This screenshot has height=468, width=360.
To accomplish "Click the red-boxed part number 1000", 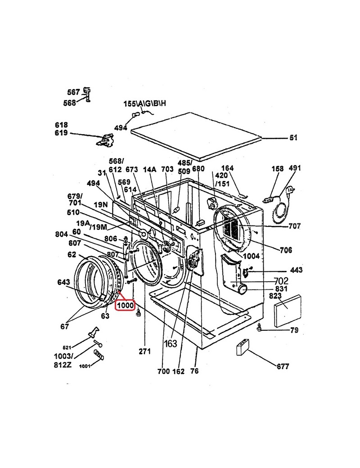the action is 125,306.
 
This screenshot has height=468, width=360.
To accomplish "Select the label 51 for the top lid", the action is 293,138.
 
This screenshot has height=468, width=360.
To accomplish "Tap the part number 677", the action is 283,366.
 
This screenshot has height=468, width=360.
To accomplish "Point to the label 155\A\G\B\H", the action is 145,103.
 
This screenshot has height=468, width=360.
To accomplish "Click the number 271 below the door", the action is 145,351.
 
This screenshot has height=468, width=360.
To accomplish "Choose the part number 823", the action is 275,296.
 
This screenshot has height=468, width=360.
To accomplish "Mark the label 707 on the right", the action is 294,226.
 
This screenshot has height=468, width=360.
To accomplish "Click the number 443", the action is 296,270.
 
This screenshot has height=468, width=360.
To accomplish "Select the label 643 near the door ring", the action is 63,282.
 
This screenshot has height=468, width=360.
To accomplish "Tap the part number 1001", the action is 85,366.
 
